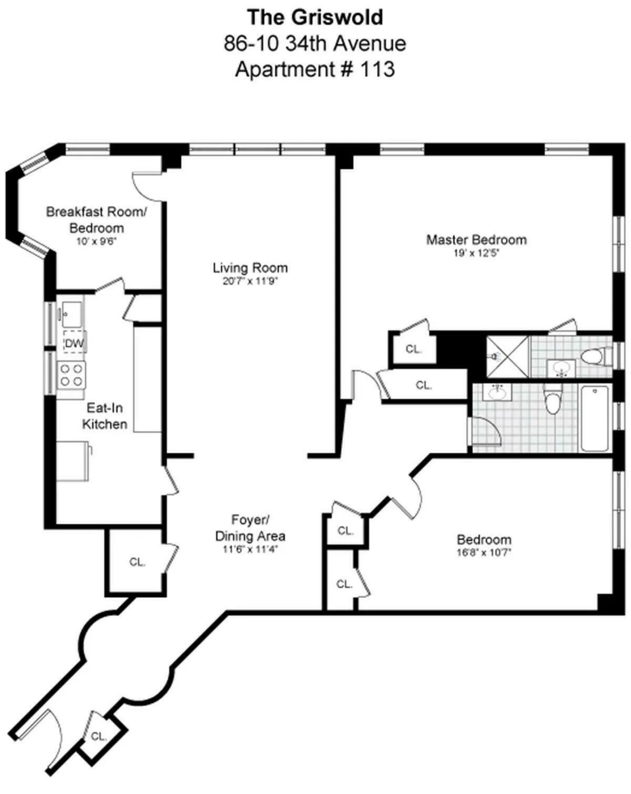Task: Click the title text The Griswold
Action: coord(315,17)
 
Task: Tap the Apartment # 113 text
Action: coord(314,69)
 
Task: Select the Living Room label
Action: coord(250,267)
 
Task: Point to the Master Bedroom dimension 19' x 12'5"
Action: coord(476,253)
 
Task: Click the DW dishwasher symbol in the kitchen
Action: coord(74,343)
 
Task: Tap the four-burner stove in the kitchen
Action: coord(72,374)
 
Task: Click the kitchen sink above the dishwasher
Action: coord(71,314)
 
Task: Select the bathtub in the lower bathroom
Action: coord(595,418)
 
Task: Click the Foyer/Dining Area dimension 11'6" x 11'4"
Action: coord(250,550)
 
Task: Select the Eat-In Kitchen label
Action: coord(105,416)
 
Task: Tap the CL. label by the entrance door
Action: coord(98,736)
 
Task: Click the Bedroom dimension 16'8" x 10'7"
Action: coord(484,552)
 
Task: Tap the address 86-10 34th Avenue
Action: coord(314,43)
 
